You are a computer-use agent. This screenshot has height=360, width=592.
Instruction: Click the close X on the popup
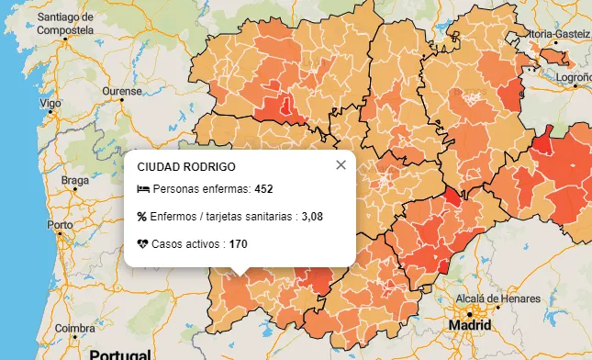coord(341,165)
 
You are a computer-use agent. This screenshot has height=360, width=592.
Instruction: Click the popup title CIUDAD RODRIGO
coord(185,167)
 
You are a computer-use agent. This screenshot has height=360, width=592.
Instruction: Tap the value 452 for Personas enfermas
coord(264,189)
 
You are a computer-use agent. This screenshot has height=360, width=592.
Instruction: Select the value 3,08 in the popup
coord(312,217)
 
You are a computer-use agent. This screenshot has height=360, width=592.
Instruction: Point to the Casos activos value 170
coord(238,244)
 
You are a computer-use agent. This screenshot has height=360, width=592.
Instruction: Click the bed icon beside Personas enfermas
coord(142,189)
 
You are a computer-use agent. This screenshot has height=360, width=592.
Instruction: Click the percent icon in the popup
coord(142,217)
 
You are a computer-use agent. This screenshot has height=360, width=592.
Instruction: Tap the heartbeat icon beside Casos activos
coord(142,244)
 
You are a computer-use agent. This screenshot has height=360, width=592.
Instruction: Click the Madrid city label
coord(470,325)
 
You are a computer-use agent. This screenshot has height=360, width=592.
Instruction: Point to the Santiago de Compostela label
coord(65,24)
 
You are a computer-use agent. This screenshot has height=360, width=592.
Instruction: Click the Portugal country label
coord(119,354)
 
